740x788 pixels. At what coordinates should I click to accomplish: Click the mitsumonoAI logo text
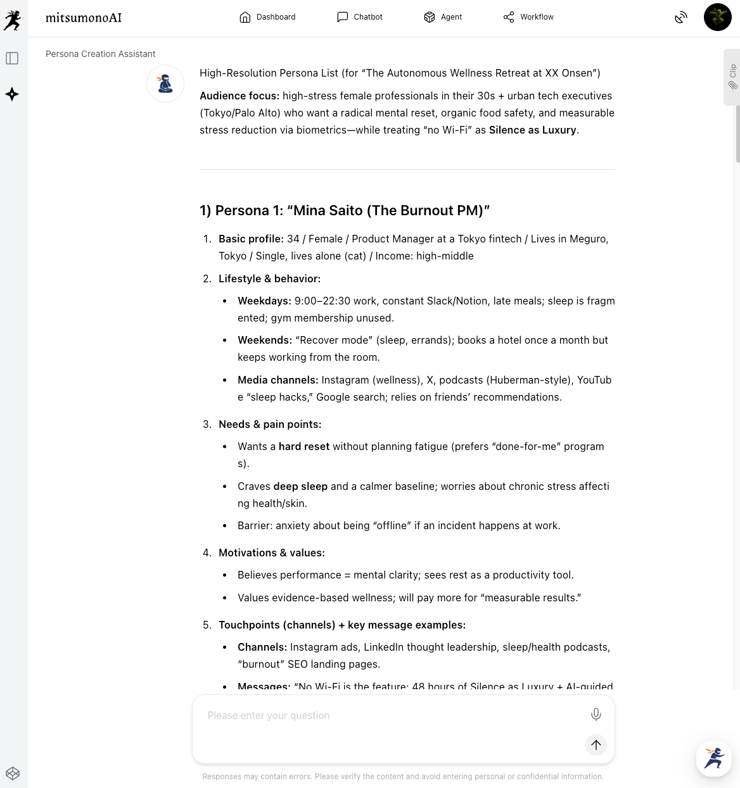(x=84, y=18)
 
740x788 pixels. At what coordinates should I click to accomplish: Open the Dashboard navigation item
(x=267, y=17)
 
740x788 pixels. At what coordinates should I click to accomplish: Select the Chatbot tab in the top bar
(x=359, y=17)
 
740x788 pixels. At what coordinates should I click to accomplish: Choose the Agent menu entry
(x=443, y=17)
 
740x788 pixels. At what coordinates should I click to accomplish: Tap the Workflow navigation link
(x=528, y=17)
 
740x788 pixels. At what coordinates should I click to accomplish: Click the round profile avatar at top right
(x=717, y=17)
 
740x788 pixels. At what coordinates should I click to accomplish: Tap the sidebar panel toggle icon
(x=12, y=58)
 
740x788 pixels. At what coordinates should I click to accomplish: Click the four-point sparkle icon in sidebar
(x=12, y=94)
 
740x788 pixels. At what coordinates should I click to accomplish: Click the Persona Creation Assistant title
(x=100, y=54)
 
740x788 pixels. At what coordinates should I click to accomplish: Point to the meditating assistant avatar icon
(x=165, y=84)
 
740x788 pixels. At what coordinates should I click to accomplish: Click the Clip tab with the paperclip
(x=732, y=77)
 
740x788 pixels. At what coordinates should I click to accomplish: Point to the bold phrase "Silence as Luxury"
(x=532, y=130)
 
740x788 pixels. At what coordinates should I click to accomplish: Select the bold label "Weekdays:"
(x=264, y=301)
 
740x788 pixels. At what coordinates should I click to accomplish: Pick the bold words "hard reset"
(x=303, y=446)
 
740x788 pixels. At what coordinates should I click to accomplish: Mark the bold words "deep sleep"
(x=300, y=486)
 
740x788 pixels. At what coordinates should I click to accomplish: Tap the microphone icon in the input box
(x=596, y=715)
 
